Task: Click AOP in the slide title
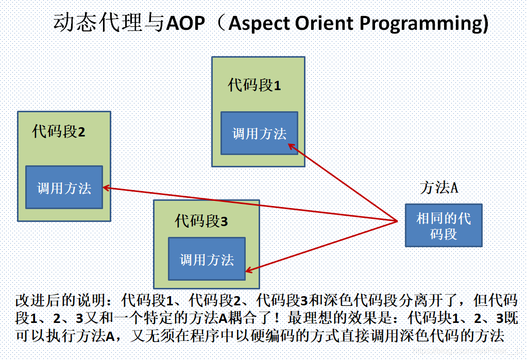coord(186,24)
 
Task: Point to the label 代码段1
coord(254,85)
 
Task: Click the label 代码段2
coord(58,132)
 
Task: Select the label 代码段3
coord(201,221)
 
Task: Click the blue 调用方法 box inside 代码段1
coord(259,133)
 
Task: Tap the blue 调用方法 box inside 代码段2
coord(64,187)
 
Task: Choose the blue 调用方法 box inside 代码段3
coord(207,259)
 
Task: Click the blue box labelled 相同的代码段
coord(443,226)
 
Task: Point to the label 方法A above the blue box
coord(439,188)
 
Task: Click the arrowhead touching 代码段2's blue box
coord(106,187)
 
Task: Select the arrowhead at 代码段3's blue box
coord(248,270)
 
